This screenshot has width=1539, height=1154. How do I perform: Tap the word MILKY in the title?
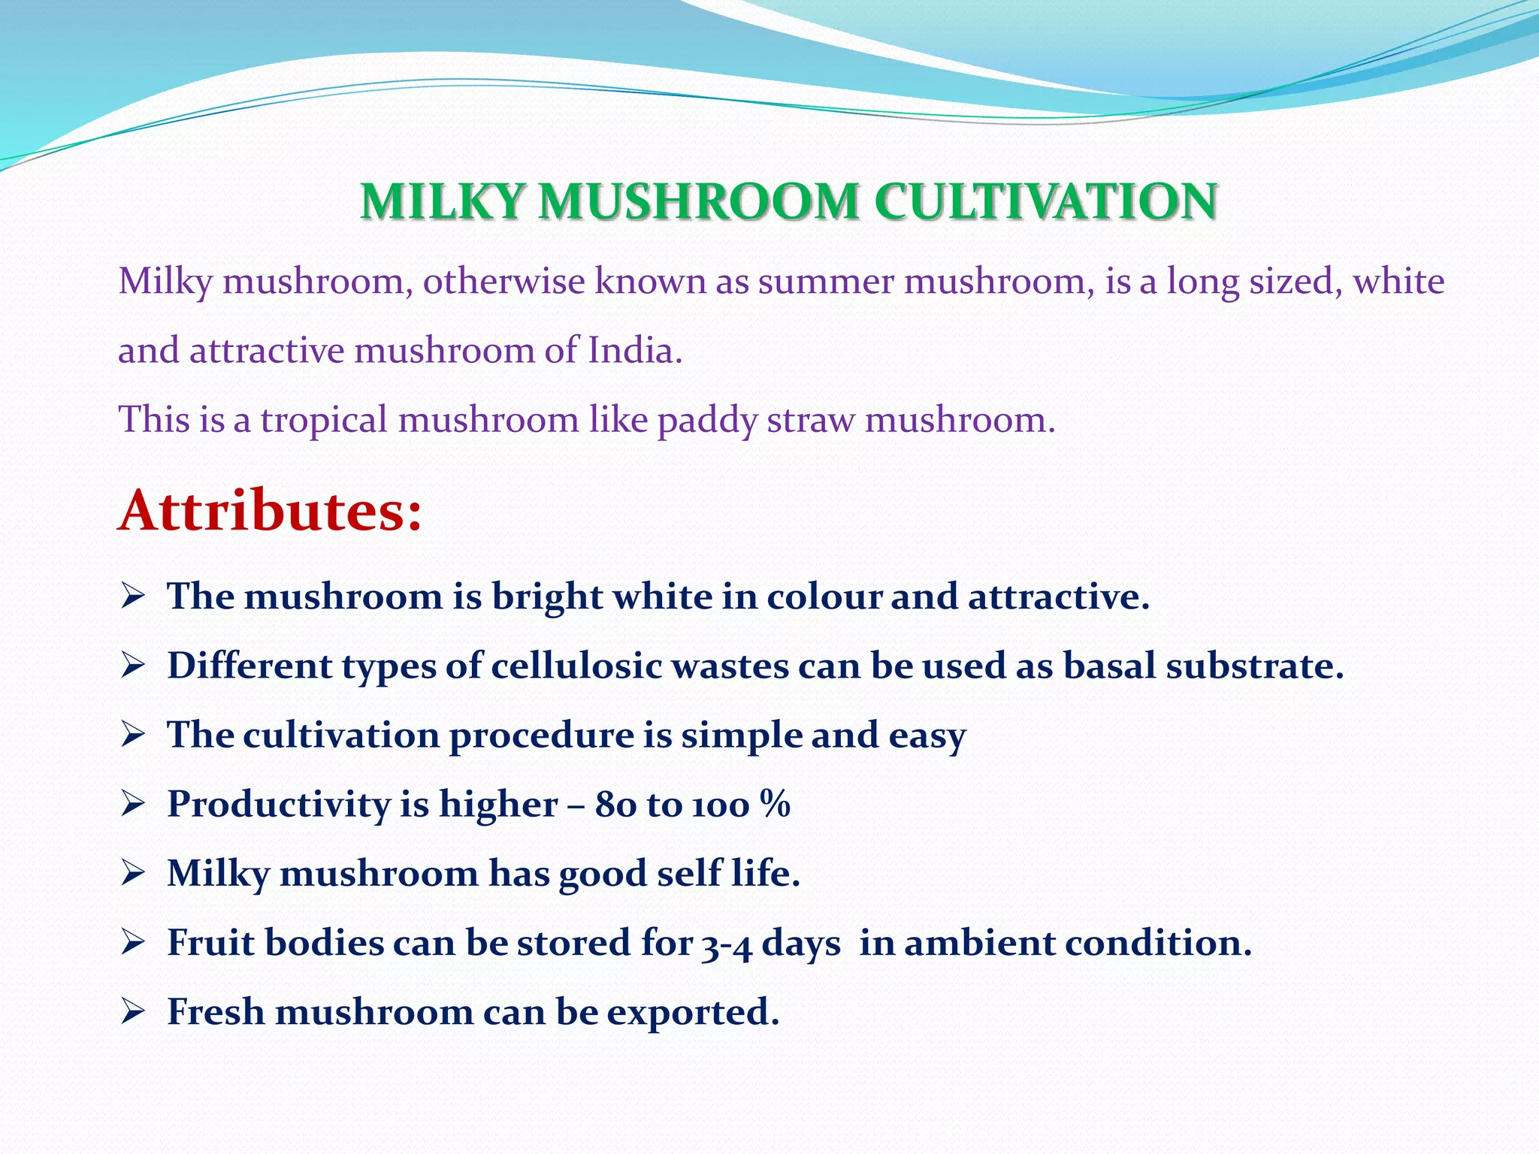click(x=441, y=202)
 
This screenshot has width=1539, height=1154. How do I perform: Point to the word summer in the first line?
click(x=825, y=282)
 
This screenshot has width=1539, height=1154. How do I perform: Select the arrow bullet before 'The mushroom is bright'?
click(x=132, y=597)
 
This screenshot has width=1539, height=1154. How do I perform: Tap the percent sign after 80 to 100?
click(x=775, y=804)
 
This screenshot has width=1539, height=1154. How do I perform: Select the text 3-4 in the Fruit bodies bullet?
click(x=727, y=944)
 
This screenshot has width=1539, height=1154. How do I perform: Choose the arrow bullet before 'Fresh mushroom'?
click(x=132, y=1012)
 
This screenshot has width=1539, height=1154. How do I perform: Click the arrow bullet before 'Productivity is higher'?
click(x=132, y=805)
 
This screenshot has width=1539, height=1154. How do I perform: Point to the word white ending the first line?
click(x=1398, y=282)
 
